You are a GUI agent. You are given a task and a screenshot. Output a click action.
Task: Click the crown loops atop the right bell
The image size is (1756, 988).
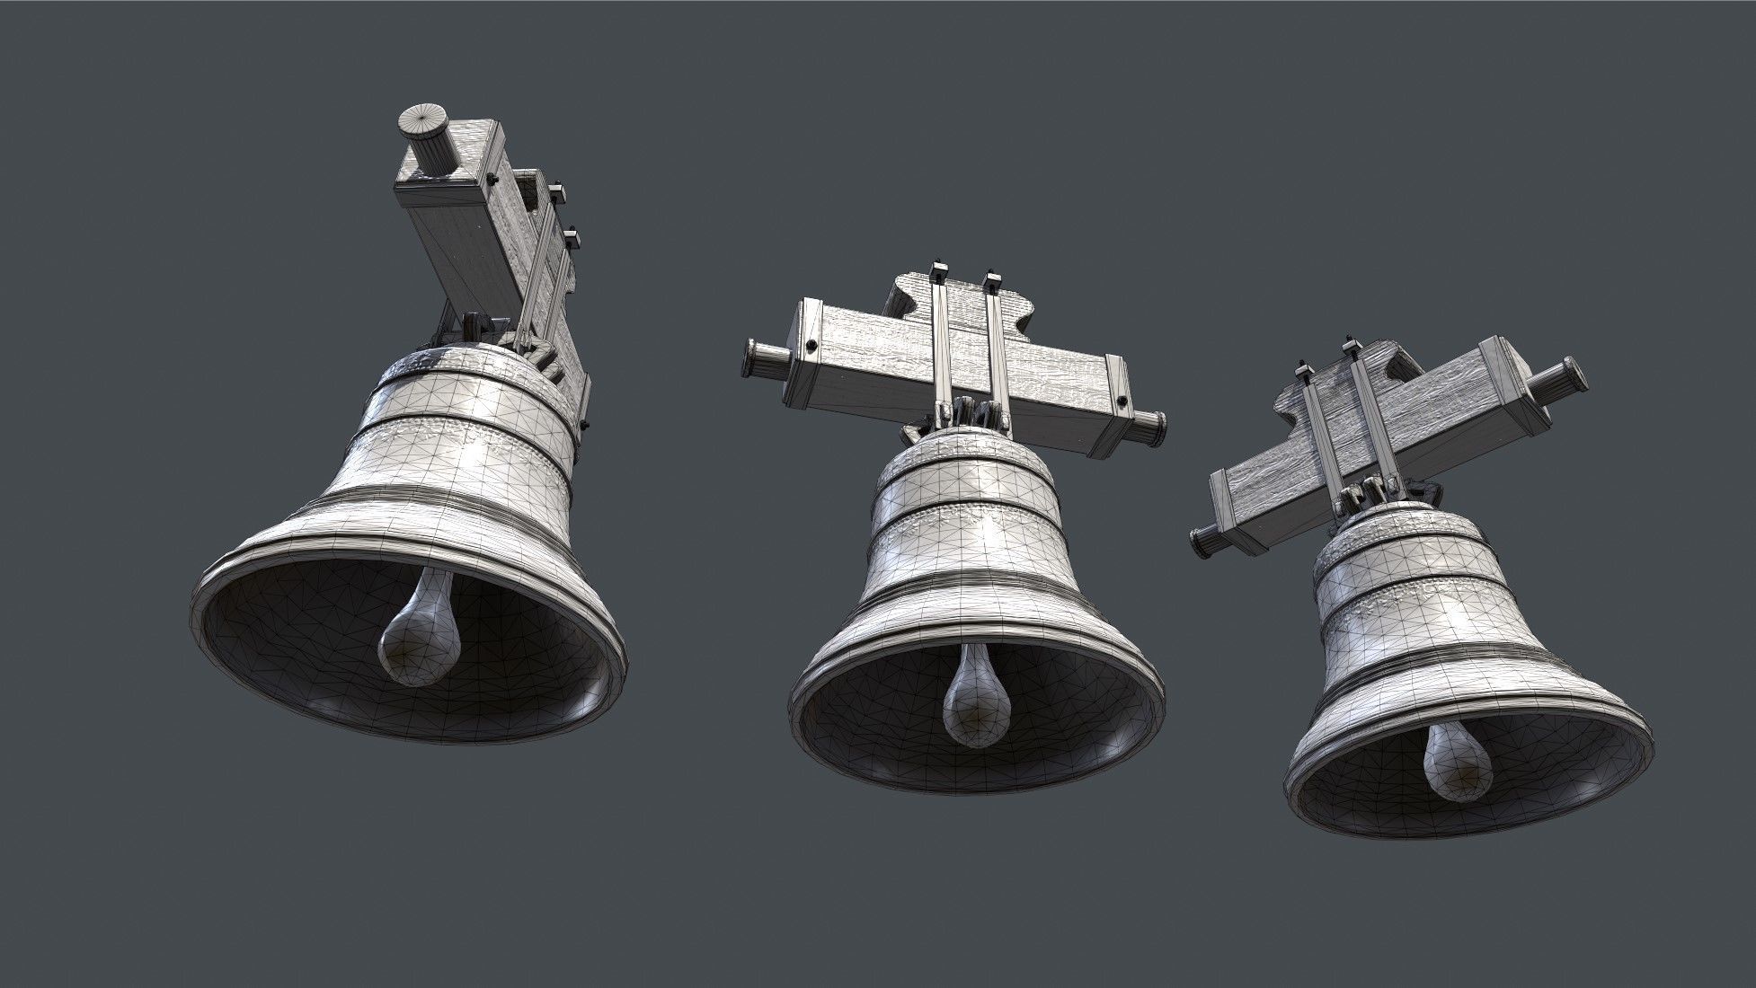pyautogui.click(x=1375, y=490)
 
